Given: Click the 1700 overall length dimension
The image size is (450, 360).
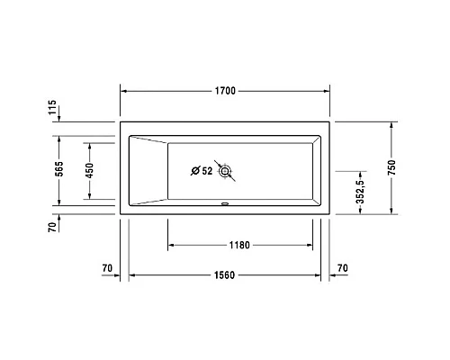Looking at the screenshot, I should [226, 91].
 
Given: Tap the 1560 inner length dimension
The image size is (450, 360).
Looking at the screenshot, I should [226, 274].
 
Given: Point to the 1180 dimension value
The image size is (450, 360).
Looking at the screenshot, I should [238, 245].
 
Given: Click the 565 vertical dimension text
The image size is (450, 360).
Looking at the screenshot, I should [58, 169].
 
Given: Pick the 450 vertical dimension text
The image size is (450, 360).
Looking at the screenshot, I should [89, 169].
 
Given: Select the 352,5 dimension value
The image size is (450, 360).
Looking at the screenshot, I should [360, 191].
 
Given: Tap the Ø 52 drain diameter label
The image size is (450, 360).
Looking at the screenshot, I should [202, 171].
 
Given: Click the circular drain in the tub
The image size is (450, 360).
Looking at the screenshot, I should [225, 170].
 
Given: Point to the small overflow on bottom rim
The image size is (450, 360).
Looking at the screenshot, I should [225, 204].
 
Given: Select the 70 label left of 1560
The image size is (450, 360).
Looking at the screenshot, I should [107, 268].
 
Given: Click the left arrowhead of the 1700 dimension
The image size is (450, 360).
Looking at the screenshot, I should [124, 91].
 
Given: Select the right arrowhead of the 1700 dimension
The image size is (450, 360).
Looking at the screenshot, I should [328, 91].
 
